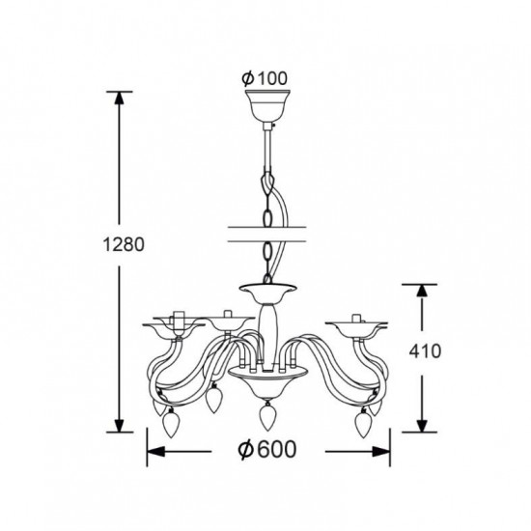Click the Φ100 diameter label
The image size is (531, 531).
click(265, 78)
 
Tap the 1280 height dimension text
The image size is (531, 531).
click(124, 244)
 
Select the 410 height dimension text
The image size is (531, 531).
click(425, 350)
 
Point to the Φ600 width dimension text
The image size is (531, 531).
click(267, 450)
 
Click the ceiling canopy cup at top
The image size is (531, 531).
click(267, 106)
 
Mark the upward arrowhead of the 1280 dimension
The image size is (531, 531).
click(119, 98)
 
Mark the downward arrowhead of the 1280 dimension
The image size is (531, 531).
click(119, 426)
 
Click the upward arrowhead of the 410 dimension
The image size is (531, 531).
click(422, 292)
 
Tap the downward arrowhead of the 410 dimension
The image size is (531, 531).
click(422, 426)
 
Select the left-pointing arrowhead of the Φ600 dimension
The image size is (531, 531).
click(155, 452)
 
